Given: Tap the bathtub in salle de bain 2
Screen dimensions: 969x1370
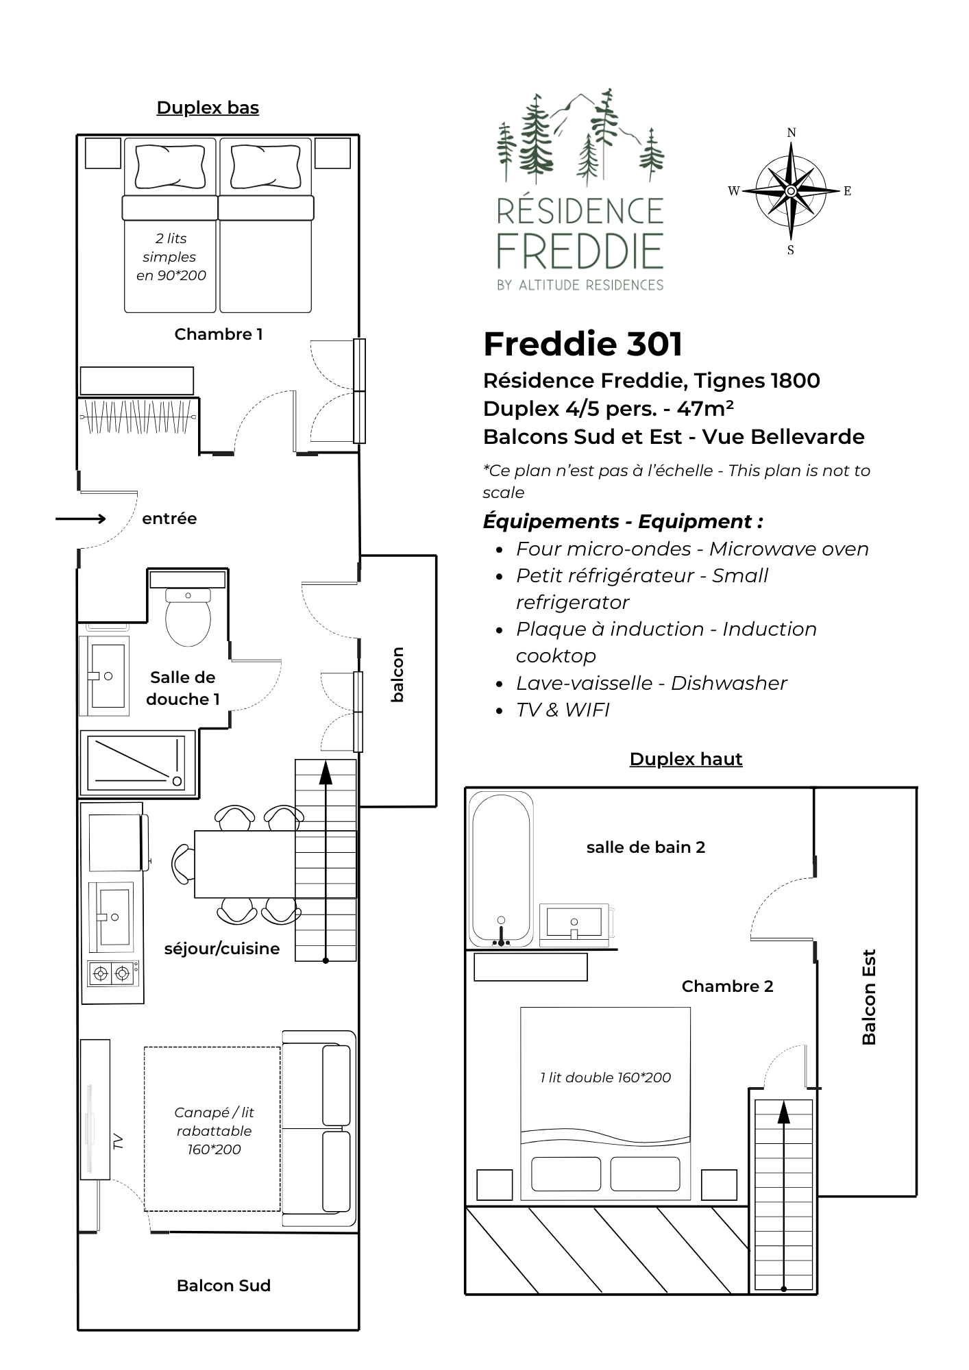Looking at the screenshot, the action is (501, 869).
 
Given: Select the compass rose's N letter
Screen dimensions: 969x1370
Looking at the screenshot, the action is (792, 133).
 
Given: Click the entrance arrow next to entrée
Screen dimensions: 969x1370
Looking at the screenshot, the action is (81, 519).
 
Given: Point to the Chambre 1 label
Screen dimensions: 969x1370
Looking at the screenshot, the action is (219, 334).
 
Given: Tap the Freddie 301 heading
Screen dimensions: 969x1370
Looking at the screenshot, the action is (582, 344).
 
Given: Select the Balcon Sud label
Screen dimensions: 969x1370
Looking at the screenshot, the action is (223, 1286).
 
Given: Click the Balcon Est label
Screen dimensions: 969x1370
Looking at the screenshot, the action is (869, 997).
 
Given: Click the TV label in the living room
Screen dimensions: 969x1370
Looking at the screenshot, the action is (119, 1141).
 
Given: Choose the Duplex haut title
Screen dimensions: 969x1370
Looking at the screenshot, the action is (686, 759).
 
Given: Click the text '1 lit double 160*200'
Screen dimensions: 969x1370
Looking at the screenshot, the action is (605, 1078).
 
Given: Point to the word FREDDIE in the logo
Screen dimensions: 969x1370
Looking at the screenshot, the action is (580, 251).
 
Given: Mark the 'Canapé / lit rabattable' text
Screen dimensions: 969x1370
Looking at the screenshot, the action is (214, 1122).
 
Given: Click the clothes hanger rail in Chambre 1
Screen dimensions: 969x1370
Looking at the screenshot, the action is (138, 416).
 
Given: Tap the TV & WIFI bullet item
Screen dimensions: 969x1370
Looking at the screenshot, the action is (563, 710).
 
